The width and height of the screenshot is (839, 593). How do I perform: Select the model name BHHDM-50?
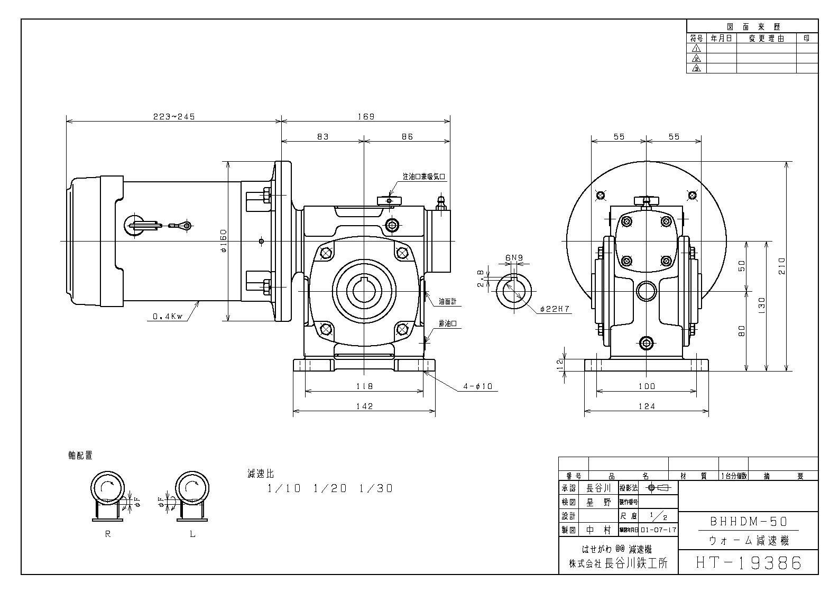pyautogui.click(x=748, y=522)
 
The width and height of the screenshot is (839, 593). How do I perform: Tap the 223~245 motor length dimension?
pyautogui.click(x=174, y=117)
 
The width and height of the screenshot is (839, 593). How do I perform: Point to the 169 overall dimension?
pyautogui.click(x=365, y=117)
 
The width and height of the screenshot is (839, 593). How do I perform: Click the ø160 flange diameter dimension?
pyautogui.click(x=223, y=240)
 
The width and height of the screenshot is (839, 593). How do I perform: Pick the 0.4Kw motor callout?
pyautogui.click(x=167, y=317)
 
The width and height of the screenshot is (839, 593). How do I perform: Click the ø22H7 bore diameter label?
pyautogui.click(x=555, y=309)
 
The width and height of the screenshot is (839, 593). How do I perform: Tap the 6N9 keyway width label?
pyautogui.click(x=514, y=258)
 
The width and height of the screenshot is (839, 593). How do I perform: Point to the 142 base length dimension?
pyautogui.click(x=364, y=406)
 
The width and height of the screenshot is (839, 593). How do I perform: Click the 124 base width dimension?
pyautogui.click(x=646, y=406)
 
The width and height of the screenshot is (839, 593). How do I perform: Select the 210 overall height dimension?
pyautogui.click(x=782, y=265)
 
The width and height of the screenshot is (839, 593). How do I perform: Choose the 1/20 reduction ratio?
pyautogui.click(x=330, y=489)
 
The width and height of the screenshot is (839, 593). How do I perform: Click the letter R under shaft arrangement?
pyautogui.click(x=108, y=534)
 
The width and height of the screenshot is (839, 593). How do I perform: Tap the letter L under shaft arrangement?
pyautogui.click(x=192, y=534)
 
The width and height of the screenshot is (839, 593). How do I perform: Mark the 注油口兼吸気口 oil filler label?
pyautogui.click(x=425, y=176)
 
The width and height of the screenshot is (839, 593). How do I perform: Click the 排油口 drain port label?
pyautogui.click(x=447, y=323)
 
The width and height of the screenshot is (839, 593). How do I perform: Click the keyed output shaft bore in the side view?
pyautogui.click(x=364, y=291)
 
